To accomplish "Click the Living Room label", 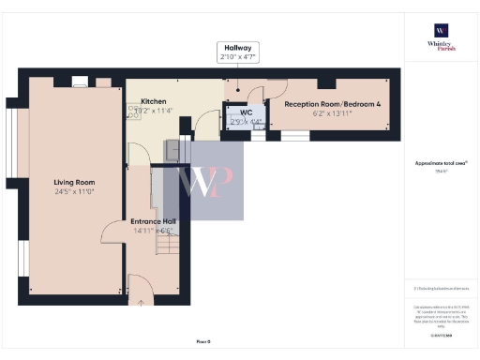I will [74, 182].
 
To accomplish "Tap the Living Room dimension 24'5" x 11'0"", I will [74, 192].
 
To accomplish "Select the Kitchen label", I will [153, 101].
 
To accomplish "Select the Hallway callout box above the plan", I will [237, 52].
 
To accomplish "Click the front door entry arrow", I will [142, 301].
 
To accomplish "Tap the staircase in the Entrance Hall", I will [168, 247].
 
